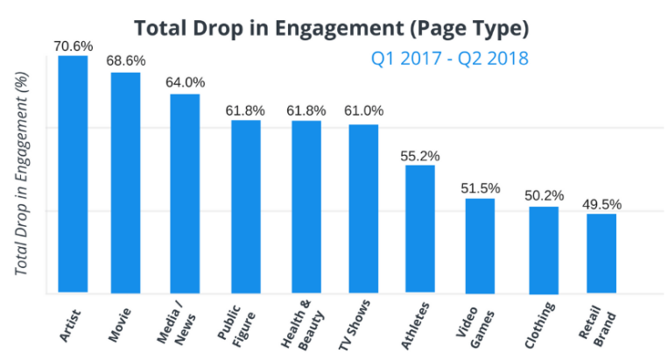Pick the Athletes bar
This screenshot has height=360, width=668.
click(x=420, y=229)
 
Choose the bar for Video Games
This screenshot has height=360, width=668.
click(x=480, y=245)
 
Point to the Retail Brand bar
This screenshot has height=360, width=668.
click(x=601, y=253)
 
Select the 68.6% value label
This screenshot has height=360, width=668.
click(x=126, y=61)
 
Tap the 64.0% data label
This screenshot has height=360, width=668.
click(x=185, y=83)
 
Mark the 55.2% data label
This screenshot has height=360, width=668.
click(x=420, y=154)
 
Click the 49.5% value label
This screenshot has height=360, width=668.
click(x=601, y=204)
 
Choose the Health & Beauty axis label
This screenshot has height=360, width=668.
click(x=302, y=328)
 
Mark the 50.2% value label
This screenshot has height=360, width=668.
click(x=543, y=195)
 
